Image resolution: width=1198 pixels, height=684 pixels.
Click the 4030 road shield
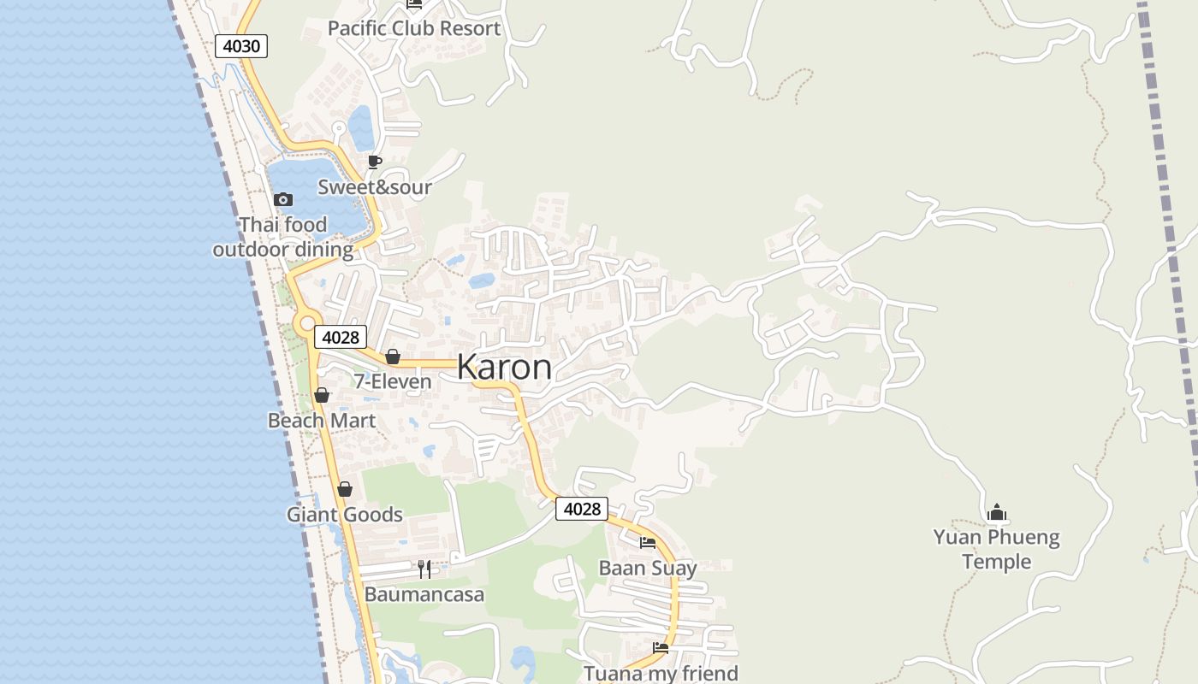click(241, 45)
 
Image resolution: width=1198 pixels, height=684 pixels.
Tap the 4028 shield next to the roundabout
click(341, 337)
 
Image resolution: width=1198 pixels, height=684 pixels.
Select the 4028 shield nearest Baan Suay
click(582, 509)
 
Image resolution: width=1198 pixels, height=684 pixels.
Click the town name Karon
click(504, 367)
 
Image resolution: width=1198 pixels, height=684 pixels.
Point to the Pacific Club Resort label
click(414, 28)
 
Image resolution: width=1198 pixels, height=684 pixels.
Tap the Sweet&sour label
click(375, 186)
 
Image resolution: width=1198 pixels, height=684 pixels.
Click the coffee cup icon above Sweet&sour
click(374, 162)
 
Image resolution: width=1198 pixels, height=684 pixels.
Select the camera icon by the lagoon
click(283, 199)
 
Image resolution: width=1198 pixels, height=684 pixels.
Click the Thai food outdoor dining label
click(283, 237)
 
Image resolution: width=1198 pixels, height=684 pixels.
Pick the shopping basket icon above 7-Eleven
click(393, 357)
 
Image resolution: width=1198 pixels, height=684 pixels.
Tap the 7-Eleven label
click(393, 381)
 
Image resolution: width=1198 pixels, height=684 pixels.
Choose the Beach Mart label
click(322, 420)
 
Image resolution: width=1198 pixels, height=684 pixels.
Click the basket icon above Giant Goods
click(345, 489)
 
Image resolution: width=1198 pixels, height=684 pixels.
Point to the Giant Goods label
click(345, 514)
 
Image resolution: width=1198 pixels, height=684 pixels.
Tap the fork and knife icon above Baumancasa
click(424, 569)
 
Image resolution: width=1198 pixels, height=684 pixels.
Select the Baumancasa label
click(424, 593)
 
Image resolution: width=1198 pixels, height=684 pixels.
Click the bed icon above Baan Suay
click(648, 542)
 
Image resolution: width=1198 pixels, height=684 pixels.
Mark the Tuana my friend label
click(661, 673)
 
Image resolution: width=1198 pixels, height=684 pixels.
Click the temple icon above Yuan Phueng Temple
click(996, 512)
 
